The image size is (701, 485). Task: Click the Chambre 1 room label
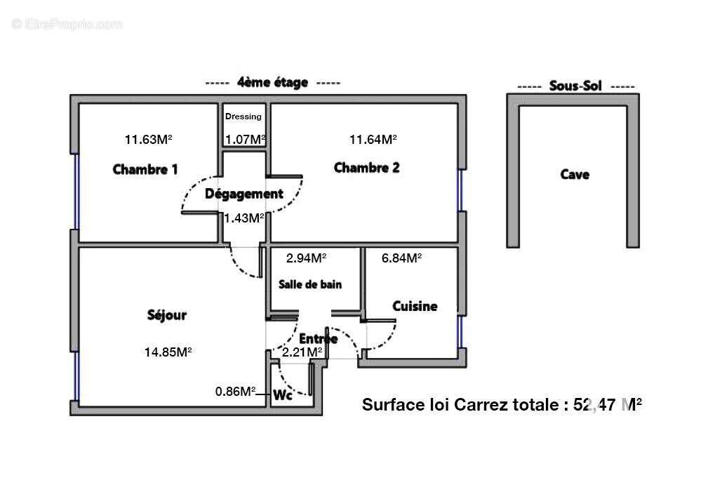145,169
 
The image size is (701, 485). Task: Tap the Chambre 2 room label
366,168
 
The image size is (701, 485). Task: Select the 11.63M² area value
148,139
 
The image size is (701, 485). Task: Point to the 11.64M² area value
373,139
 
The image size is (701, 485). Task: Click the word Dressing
243,117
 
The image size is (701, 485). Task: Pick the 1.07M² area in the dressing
245,139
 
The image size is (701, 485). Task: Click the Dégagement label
243,194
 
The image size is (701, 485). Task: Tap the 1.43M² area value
243,218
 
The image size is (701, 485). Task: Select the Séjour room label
167,315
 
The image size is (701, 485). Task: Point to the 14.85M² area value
168,352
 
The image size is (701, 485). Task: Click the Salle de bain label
310,284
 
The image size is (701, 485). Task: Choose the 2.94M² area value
305,258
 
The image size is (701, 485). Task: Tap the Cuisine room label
415,306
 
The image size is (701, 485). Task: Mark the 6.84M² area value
401,258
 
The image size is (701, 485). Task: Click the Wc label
282,395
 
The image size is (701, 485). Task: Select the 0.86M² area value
234,391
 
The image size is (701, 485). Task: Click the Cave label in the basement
574,175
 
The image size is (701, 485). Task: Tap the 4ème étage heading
272,82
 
